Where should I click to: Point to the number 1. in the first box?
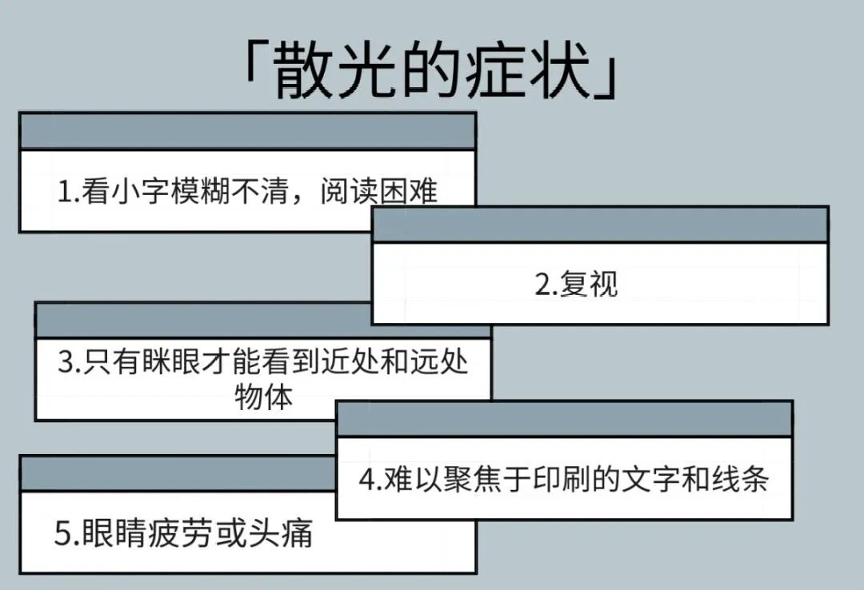tap(69, 193)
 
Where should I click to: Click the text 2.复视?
tap(576, 285)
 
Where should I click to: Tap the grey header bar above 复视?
tap(600, 225)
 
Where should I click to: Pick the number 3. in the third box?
tap(69, 365)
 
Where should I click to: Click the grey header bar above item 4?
tap(564, 420)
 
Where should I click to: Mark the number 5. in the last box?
tap(66, 534)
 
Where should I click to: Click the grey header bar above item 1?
tap(247, 131)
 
